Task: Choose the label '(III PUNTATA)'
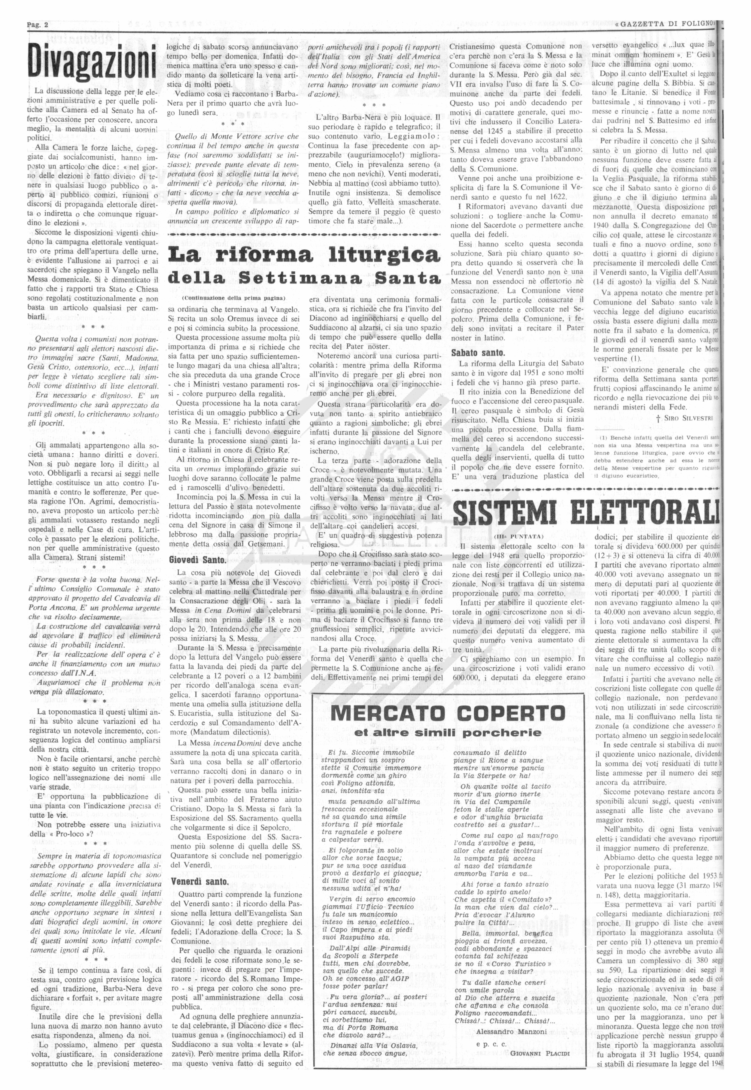click(x=518, y=536)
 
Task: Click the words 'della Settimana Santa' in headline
click(x=304, y=278)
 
